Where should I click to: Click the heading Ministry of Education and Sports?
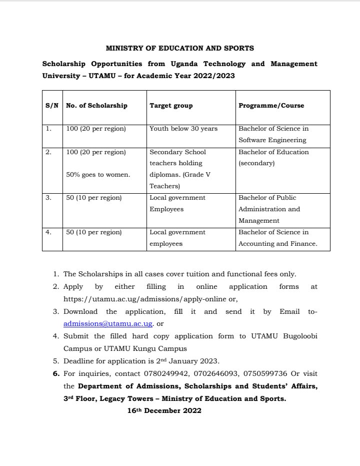[x=180, y=49]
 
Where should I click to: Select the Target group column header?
[x=171, y=106]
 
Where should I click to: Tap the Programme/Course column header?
[x=271, y=106]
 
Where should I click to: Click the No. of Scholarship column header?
[x=97, y=106]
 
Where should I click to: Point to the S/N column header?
[x=52, y=106]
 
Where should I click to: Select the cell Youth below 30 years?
[x=183, y=129]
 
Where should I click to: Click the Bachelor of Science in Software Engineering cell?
[x=273, y=135]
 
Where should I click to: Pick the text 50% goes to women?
[x=98, y=174]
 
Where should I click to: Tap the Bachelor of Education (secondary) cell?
[x=273, y=158]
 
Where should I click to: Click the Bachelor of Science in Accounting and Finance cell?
[x=277, y=238]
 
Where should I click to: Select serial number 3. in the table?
[x=48, y=198]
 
